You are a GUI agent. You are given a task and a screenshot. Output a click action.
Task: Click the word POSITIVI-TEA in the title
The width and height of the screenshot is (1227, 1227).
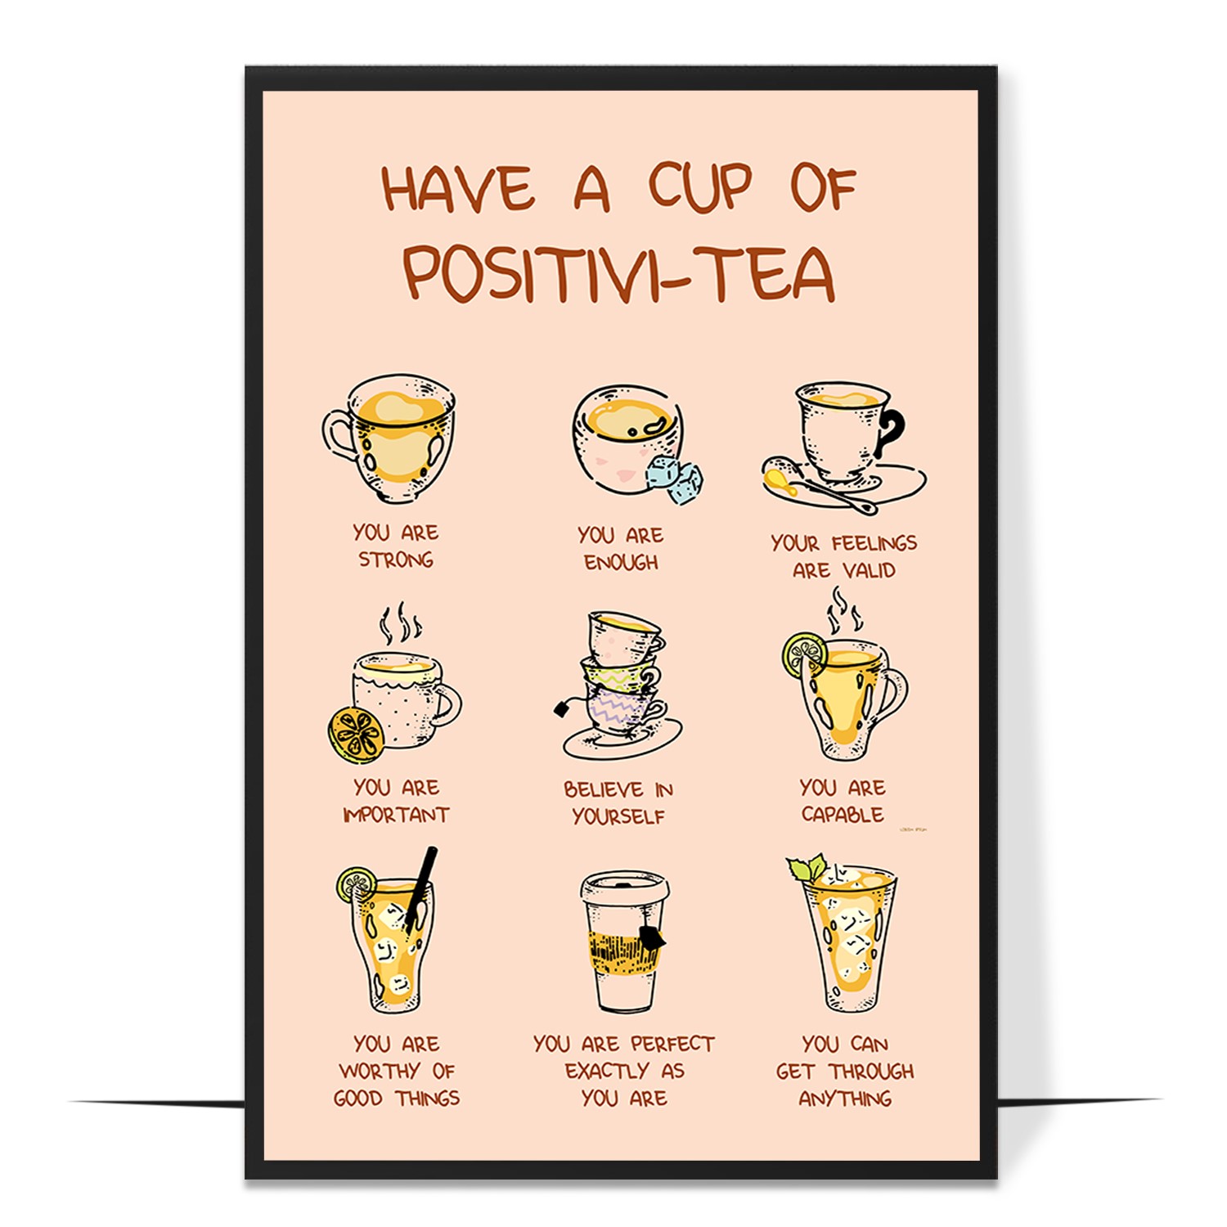619,272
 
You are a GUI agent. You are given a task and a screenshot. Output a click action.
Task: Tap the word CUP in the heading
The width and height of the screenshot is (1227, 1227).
700,189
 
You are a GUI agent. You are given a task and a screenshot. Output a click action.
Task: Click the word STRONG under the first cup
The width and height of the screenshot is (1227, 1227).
396,560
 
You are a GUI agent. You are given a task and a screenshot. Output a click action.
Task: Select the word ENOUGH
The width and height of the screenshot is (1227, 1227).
621,563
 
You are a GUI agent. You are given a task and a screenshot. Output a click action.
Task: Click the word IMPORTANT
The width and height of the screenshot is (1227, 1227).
396,815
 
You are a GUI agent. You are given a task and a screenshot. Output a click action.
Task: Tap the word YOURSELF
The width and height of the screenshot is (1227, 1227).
618,816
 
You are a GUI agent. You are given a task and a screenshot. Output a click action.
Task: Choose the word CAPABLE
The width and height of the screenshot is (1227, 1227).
843,815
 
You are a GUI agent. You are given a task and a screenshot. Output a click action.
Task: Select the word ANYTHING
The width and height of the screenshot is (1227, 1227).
845,1099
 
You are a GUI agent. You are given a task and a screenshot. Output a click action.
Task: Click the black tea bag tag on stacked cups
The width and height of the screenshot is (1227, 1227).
562,708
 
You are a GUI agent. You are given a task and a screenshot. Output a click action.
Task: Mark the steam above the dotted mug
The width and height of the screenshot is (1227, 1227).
400,624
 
